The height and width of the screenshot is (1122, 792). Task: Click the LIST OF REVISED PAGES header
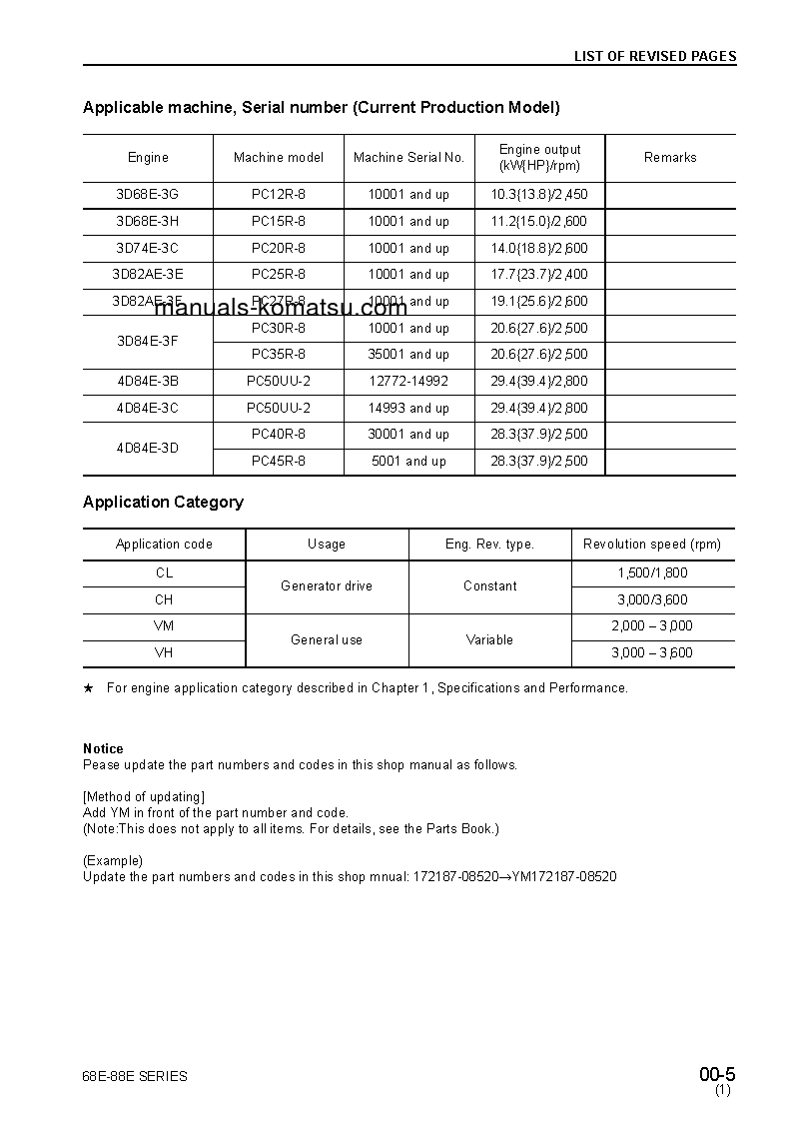(654, 56)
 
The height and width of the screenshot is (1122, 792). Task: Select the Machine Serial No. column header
(408, 158)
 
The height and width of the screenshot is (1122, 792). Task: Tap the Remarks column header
(670, 158)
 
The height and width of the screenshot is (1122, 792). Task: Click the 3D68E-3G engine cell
(148, 195)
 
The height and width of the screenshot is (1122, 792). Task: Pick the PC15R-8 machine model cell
(279, 222)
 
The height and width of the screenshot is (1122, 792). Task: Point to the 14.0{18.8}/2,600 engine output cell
(539, 249)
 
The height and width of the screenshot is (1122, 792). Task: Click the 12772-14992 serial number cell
(408, 382)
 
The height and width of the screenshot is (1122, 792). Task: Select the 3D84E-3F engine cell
(148, 342)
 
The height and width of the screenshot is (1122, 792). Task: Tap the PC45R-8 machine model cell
(279, 462)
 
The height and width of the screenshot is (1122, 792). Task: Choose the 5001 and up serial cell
(408, 462)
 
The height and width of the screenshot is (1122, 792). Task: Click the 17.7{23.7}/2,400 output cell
(539, 275)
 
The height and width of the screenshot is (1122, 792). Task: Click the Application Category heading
(163, 503)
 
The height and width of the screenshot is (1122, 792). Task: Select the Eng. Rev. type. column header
(489, 545)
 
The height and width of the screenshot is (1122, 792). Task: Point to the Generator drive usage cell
(327, 586)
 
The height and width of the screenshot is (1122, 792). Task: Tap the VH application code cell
(164, 653)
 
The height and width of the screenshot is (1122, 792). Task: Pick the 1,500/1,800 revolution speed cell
(652, 573)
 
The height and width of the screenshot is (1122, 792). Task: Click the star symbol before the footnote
(88, 688)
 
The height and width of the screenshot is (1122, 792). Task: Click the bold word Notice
(103, 748)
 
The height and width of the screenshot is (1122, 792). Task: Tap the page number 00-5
(717, 1075)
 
